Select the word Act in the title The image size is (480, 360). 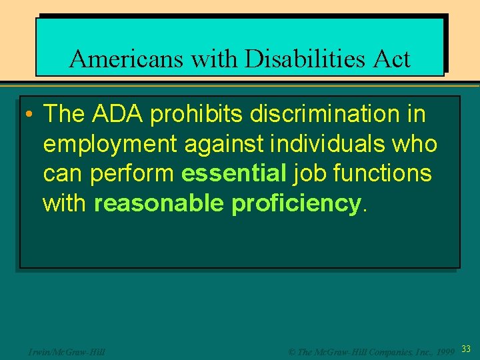pos(391,59)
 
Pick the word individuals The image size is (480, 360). pos(321,144)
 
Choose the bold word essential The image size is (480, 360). pos(233,174)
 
